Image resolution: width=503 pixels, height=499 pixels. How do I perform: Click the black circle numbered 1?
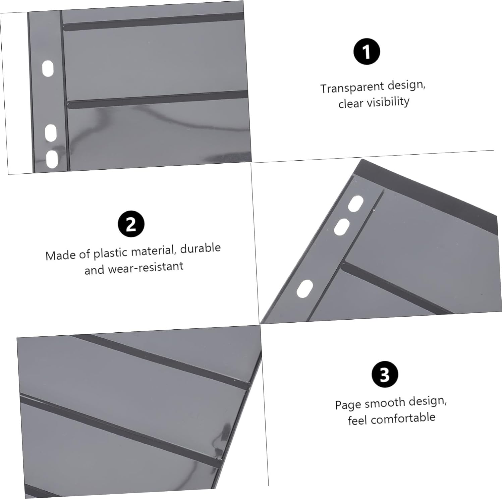click(x=367, y=52)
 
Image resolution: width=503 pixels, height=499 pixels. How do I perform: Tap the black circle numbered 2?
click(x=131, y=224)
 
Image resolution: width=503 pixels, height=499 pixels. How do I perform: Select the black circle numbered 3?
click(x=385, y=375)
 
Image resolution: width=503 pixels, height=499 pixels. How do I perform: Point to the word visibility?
click(x=388, y=102)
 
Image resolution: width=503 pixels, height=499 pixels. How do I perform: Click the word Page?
click(x=348, y=405)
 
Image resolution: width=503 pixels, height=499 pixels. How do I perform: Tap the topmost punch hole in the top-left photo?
click(x=48, y=69)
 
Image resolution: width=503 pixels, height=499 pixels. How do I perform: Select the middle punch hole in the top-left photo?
click(x=51, y=132)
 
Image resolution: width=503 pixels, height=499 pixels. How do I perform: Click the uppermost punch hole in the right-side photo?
click(x=355, y=204)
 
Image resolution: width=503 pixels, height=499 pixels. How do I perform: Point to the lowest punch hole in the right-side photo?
click(x=305, y=289)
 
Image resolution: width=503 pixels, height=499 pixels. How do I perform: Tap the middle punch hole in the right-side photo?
click(x=342, y=227)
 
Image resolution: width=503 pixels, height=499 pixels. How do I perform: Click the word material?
click(x=156, y=251)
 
